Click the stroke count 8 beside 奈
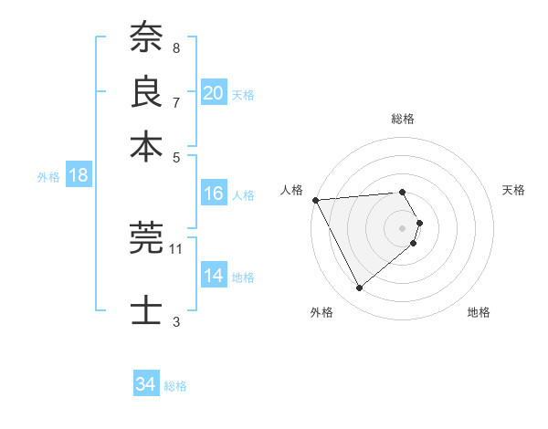pyautogui.click(x=175, y=47)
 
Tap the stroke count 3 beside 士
pyautogui.click(x=175, y=321)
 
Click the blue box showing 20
pyautogui.click(x=214, y=93)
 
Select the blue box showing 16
pyautogui.click(x=214, y=194)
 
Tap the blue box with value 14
pyautogui.click(x=214, y=276)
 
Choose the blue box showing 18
pyautogui.click(x=79, y=175)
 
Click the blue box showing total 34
pyautogui.click(x=146, y=384)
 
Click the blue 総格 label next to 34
pyautogui.click(x=175, y=386)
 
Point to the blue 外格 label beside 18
pyautogui.click(x=48, y=177)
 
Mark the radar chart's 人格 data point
pyautogui.click(x=315, y=199)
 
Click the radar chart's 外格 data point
pyautogui.click(x=359, y=288)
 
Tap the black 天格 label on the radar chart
pyautogui.click(x=513, y=190)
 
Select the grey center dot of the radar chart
pyautogui.click(x=402, y=228)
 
